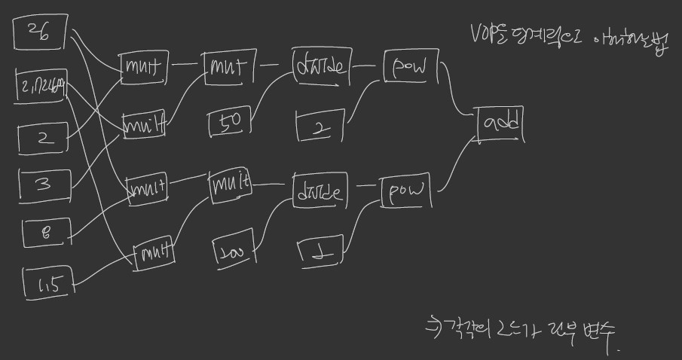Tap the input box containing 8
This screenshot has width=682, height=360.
44,230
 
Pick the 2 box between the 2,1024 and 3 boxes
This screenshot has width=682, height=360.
44,138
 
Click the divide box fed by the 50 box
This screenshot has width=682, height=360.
321,68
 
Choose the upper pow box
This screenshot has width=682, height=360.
410,68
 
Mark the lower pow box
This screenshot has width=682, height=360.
406,193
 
